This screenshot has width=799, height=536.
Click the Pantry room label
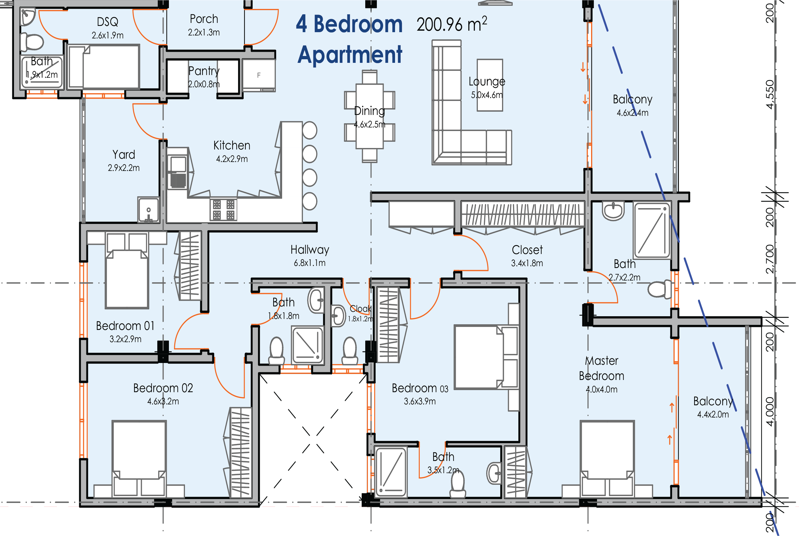pos(204,71)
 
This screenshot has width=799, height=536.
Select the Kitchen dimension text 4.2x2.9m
pos(232,159)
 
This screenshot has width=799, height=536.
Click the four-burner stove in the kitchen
pos(223,210)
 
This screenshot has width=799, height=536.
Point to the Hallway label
pos(310,250)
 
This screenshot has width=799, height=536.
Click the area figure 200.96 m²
pos(452,24)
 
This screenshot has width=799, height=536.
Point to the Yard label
pos(124,155)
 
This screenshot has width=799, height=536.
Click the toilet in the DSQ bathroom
pos(32,42)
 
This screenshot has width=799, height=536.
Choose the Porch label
pos(204,19)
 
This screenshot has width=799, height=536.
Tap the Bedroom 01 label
pos(125,326)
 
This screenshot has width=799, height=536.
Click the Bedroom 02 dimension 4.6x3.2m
pos(163,401)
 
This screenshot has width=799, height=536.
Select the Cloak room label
pos(360,309)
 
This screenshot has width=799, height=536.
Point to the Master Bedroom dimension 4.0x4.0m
pos(601,389)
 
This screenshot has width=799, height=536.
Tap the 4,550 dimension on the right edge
pos(770,95)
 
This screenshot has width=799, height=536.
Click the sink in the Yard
pos(148,210)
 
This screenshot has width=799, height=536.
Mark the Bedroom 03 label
pos(420,388)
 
